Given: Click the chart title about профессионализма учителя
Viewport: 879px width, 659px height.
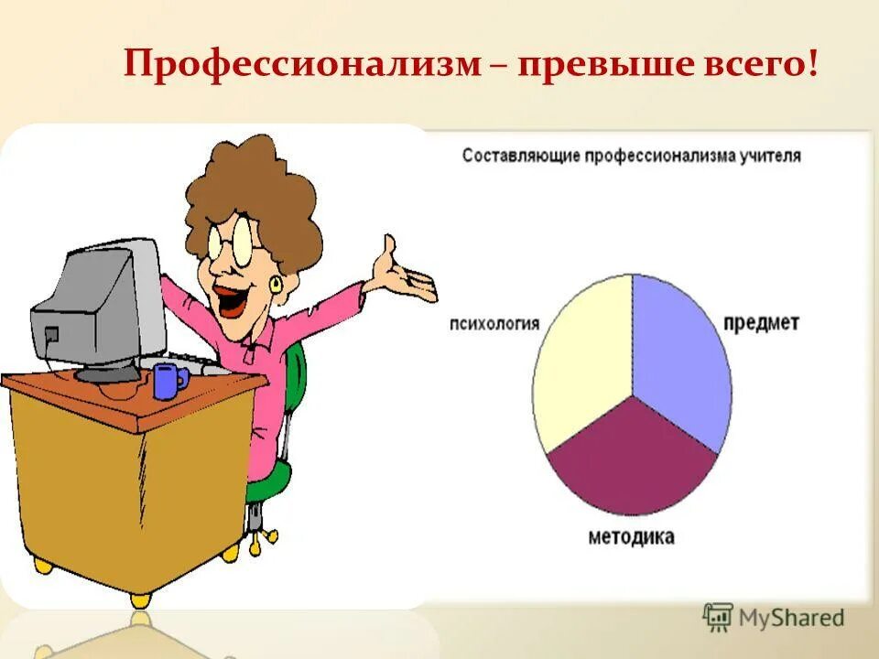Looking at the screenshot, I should (x=631, y=156).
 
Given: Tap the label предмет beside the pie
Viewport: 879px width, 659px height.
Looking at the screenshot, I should (x=761, y=323).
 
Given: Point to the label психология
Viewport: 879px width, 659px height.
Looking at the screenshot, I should (x=494, y=323).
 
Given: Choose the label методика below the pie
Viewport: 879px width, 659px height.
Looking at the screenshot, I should (x=632, y=537).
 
